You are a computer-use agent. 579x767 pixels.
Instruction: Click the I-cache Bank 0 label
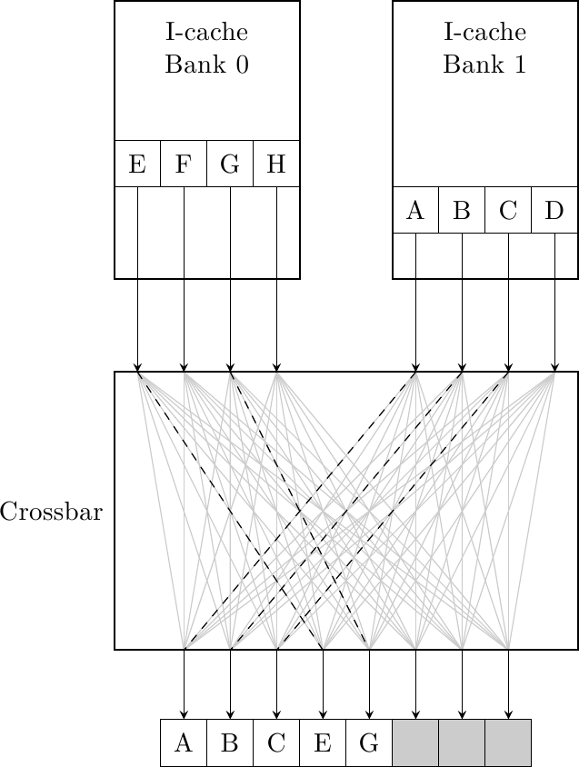pyautogui.click(x=207, y=49)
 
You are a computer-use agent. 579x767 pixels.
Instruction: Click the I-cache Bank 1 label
pyautogui.click(x=485, y=49)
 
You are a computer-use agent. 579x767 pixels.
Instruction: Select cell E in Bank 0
pyautogui.click(x=137, y=164)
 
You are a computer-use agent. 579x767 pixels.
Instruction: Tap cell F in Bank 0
pyautogui.click(x=184, y=164)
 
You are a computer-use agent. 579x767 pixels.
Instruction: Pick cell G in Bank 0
pyautogui.click(x=230, y=164)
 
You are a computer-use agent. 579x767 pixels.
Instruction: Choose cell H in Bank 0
pyautogui.click(x=276, y=164)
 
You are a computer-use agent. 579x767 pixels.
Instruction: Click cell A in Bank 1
pyautogui.click(x=415, y=210)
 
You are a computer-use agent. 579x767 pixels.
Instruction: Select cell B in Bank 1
pyautogui.click(x=462, y=210)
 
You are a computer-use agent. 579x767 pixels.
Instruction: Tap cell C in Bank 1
pyautogui.click(x=508, y=210)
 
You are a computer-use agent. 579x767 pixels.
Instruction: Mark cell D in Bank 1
pyautogui.click(x=554, y=210)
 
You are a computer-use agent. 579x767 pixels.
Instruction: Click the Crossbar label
pyautogui.click(x=51, y=512)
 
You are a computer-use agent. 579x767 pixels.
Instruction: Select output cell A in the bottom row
pyautogui.click(x=184, y=742)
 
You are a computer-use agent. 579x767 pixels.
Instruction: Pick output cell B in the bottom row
pyautogui.click(x=230, y=742)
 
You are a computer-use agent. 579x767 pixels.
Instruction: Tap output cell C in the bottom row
pyautogui.click(x=276, y=742)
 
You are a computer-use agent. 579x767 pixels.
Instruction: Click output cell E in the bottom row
pyautogui.click(x=323, y=742)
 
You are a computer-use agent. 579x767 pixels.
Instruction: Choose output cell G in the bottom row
pyautogui.click(x=369, y=742)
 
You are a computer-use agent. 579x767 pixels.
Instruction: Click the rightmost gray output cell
pyautogui.click(x=508, y=742)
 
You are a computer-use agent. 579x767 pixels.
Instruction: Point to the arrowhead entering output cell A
pyautogui.click(x=184, y=714)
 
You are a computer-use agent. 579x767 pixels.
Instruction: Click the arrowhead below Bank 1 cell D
pyautogui.click(x=554, y=367)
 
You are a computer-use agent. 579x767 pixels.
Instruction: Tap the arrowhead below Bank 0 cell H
pyautogui.click(x=276, y=367)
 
